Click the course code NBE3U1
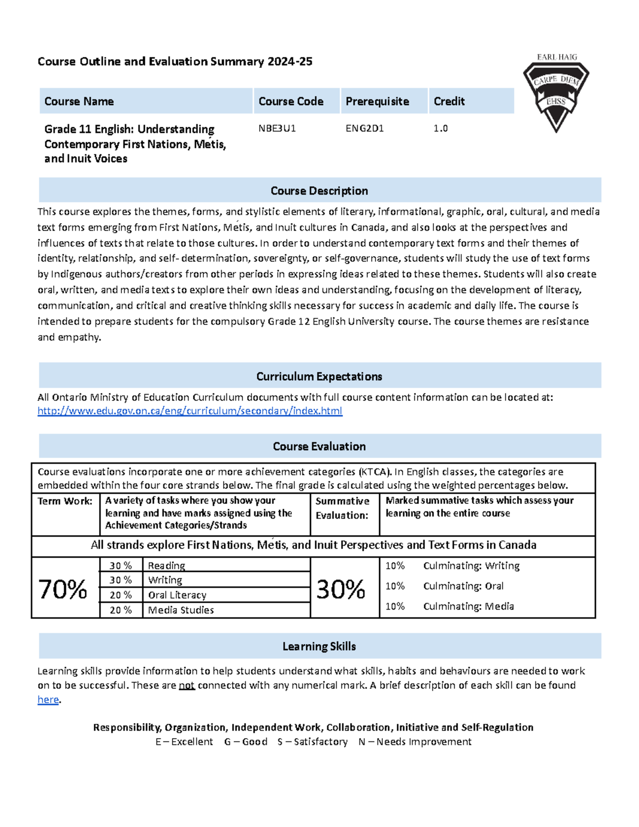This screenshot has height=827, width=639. click(x=277, y=128)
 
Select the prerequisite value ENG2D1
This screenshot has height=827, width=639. click(x=364, y=128)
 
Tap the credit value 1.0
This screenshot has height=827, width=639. click(x=440, y=128)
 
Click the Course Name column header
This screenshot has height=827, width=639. click(x=79, y=101)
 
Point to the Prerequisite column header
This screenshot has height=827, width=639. click(x=377, y=101)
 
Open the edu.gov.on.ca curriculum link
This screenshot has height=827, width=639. click(x=190, y=411)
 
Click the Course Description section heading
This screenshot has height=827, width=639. click(x=319, y=191)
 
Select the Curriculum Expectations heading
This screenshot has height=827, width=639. click(x=319, y=376)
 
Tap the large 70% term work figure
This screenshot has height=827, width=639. click(x=63, y=589)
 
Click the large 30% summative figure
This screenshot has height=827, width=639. click(x=341, y=589)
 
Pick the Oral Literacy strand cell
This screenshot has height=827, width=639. click(x=177, y=595)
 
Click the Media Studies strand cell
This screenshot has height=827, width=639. click(x=181, y=610)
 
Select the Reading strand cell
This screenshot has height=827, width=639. click(x=166, y=566)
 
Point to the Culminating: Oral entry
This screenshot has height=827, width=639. click(x=463, y=586)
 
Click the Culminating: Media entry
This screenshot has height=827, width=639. click(x=468, y=606)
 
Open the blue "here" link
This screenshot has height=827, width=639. click(x=48, y=700)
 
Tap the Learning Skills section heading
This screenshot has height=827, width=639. click(x=319, y=646)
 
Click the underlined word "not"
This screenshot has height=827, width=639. click(x=186, y=686)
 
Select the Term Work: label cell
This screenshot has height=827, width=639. click(x=65, y=501)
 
